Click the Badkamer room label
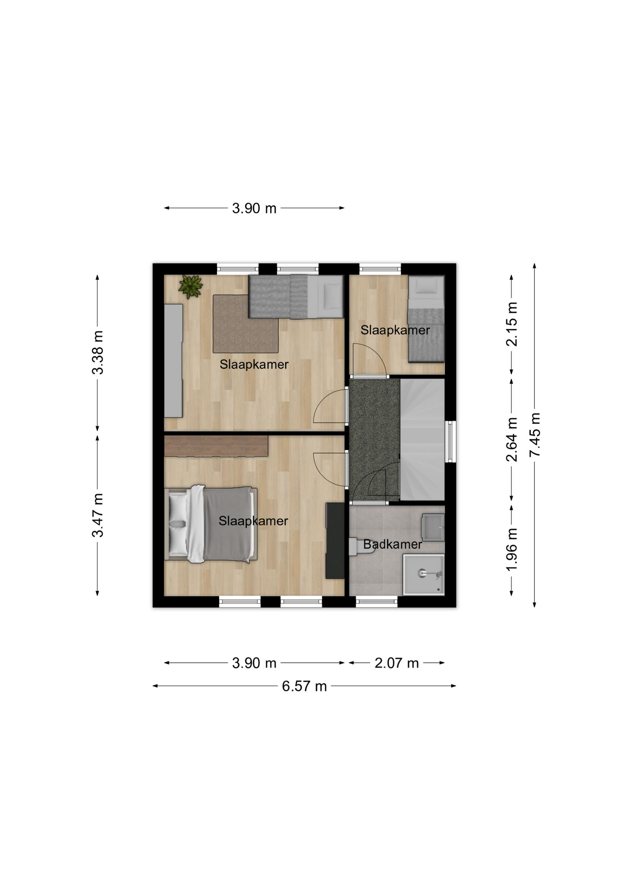pos(392,544)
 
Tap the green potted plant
pos(191,286)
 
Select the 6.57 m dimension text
pos(304,686)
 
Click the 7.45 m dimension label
pos(535,434)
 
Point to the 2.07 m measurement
pos(397,663)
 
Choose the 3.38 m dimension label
pos(98,352)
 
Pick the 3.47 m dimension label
pos(98,515)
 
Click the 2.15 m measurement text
pos(512,324)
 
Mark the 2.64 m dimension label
pos(512,440)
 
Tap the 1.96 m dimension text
pos(512,549)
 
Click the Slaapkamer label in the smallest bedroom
pos(395,330)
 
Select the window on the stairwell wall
pos(450,441)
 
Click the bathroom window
pos(377,602)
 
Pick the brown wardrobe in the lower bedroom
pos(216,446)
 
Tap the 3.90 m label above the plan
pos(254,208)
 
